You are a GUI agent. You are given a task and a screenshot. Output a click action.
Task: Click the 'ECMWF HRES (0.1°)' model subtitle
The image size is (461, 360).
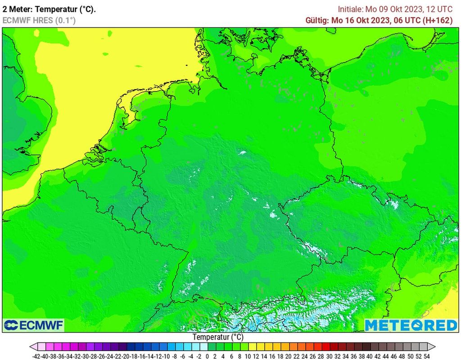[39, 20]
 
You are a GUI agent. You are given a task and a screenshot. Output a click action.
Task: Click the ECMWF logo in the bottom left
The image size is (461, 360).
[34, 325]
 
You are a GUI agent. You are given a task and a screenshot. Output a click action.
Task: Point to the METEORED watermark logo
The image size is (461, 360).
[411, 325]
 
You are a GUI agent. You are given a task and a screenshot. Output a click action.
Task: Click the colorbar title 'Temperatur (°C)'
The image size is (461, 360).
[218, 337]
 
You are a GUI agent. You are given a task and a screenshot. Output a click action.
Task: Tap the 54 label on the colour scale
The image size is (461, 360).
[426, 356]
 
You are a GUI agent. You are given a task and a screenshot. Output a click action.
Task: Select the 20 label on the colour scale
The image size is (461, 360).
[288, 356]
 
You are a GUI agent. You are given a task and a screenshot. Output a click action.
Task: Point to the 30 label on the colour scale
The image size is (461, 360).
[329, 356]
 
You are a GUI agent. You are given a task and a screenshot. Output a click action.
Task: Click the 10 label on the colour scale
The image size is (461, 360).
[248, 356]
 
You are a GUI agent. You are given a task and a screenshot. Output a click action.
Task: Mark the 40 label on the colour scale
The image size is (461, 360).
[370, 356]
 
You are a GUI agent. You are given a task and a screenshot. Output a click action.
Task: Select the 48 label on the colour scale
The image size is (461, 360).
[402, 356]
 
